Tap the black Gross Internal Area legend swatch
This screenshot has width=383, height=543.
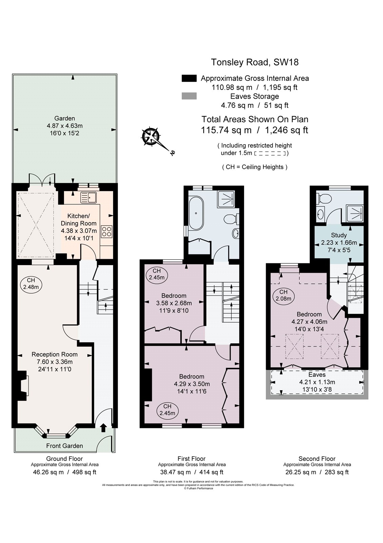coord(189,78)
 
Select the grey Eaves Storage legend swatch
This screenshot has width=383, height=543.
coord(189,96)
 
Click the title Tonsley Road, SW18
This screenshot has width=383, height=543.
coord(255,62)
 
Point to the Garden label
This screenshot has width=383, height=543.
coord(65,118)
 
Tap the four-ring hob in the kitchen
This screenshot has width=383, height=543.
coord(106,231)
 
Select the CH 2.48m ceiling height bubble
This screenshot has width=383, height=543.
coord(31,284)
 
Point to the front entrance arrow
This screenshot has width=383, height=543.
coord(103,427)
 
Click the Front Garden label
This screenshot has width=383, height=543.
coord(64,446)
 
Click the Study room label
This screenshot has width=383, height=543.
coord(339,235)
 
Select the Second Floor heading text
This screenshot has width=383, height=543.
coord(317,459)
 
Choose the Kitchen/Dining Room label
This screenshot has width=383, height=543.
coord(78,220)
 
